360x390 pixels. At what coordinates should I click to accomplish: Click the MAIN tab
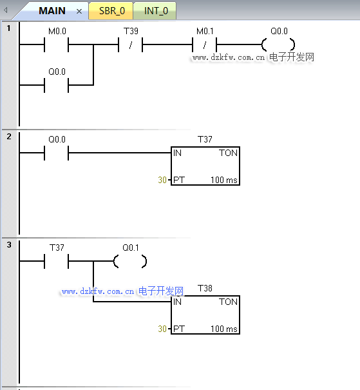52,11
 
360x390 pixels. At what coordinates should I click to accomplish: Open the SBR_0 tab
112,11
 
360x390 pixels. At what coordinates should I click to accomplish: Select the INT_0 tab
156,11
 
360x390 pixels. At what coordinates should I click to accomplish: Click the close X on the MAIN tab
79,11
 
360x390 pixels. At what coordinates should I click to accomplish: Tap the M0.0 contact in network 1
57,44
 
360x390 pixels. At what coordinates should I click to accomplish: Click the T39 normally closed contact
131,44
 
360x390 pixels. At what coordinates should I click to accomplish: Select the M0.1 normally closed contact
204,44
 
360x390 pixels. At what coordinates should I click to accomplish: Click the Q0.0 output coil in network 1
278,44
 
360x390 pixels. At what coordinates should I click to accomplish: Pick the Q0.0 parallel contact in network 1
57,85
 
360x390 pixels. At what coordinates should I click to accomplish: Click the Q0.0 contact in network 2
57,153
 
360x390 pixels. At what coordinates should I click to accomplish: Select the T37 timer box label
205,139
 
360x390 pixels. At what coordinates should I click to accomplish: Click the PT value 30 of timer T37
162,180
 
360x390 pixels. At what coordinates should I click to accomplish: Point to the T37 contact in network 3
57,261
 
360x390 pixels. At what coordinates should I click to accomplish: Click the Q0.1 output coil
130,261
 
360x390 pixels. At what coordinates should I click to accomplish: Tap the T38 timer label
205,288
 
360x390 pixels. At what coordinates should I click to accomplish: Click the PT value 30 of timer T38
162,329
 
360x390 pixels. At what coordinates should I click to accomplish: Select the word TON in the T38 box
228,302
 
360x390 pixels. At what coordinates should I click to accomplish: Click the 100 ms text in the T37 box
224,180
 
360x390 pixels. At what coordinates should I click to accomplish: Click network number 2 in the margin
9,136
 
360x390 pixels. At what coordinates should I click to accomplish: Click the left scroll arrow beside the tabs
5,10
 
